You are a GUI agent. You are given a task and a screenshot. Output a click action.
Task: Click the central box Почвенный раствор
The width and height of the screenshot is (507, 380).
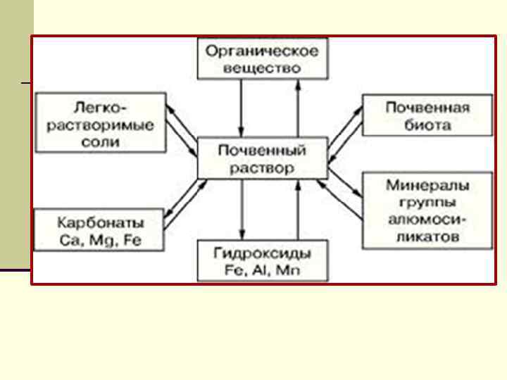[x=262, y=159]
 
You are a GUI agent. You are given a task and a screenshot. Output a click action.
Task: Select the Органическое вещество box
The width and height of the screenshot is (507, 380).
[x=262, y=59]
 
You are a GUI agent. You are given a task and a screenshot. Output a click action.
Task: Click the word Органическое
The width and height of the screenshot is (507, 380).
[x=262, y=51]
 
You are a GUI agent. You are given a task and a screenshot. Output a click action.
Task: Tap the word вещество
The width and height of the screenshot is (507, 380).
[x=262, y=68]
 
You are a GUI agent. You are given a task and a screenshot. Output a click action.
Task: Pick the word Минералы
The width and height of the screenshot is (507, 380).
[x=427, y=186]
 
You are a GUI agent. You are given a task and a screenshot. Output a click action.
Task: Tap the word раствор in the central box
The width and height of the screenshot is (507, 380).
[x=262, y=168]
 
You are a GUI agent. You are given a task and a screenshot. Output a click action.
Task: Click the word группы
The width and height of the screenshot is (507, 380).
[x=427, y=203]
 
